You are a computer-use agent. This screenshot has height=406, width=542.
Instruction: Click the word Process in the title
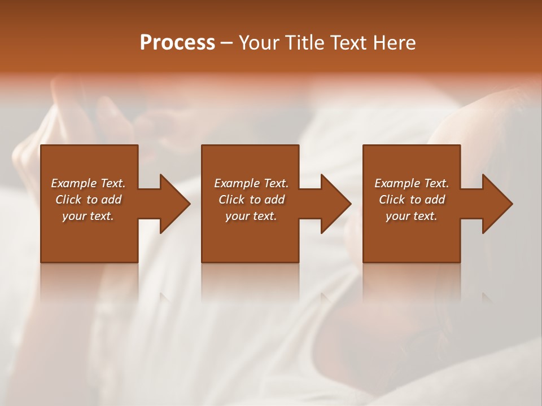pos(177,43)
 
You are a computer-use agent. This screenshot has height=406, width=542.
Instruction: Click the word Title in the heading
pos(303,43)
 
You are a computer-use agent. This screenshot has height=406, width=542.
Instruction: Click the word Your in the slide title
pos(259,43)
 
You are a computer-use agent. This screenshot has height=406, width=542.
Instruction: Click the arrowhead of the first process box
pos(174,204)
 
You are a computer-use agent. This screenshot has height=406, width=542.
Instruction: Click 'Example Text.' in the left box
pos(88,183)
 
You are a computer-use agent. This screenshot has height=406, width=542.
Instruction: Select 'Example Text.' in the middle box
pos(251,183)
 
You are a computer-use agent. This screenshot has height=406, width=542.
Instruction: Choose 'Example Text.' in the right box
pos(412,183)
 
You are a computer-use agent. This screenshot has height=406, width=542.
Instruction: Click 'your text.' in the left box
pos(88,216)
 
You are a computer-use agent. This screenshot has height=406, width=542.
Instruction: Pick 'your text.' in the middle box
pos(251,216)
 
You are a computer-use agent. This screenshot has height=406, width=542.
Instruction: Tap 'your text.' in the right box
pos(412,216)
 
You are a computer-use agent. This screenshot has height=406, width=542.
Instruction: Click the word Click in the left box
pos(68,200)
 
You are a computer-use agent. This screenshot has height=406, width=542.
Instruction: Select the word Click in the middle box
pos(231,200)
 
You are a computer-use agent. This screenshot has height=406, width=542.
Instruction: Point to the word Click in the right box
pos(392,200)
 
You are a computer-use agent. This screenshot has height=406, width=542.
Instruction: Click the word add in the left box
pos(111,200)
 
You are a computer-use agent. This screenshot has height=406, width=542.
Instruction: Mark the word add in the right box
pos(435,200)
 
